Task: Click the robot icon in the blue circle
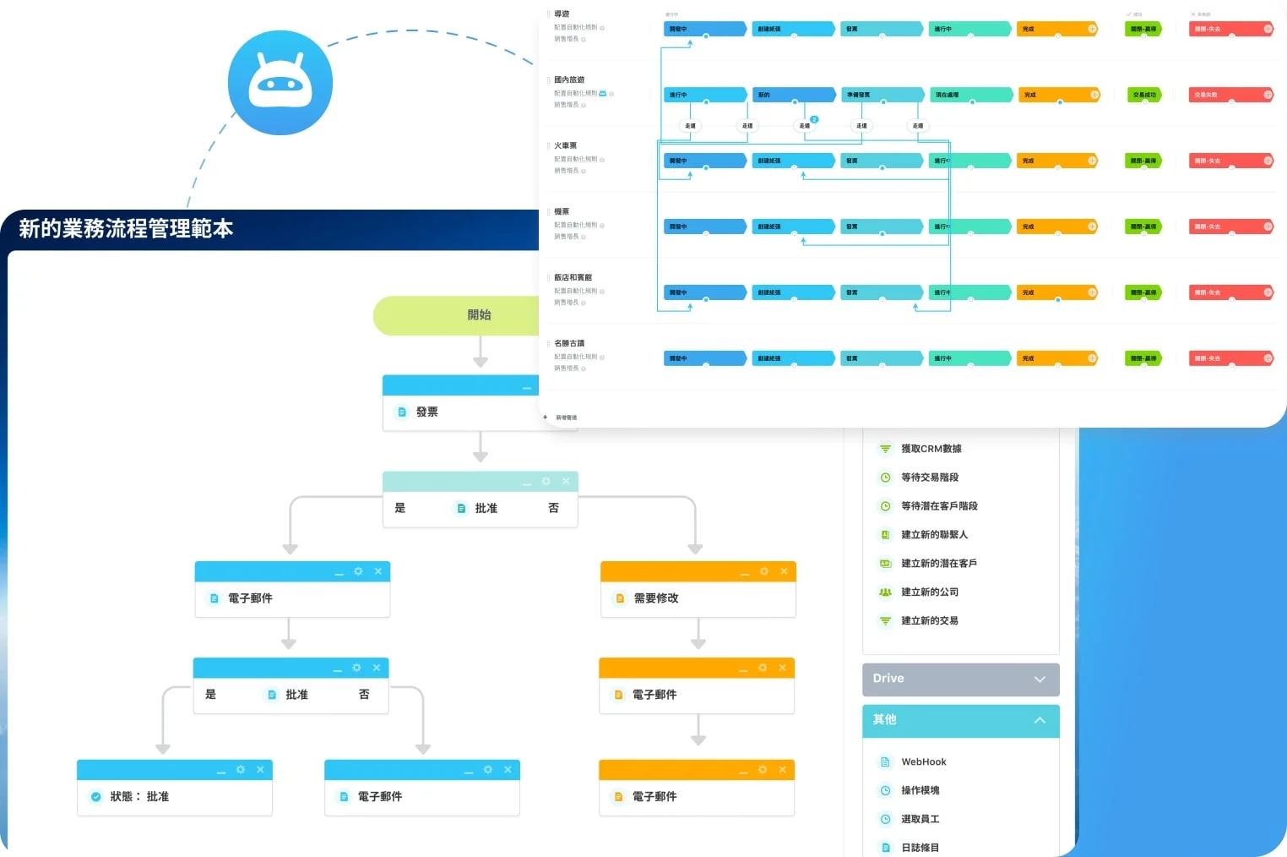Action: (x=280, y=83)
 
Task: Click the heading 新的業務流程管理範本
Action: (x=126, y=229)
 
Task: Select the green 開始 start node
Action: (x=478, y=315)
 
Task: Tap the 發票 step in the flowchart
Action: (x=426, y=412)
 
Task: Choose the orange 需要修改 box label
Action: (x=656, y=598)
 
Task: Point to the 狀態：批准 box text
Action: (x=139, y=797)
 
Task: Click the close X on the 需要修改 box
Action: (x=784, y=572)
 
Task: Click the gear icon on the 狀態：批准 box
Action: (x=241, y=770)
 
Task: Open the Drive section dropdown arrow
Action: (x=1040, y=680)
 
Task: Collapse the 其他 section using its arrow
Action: (x=1040, y=720)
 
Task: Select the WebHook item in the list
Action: (x=923, y=762)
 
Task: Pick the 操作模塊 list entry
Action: (x=920, y=791)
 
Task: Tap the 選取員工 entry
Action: (x=920, y=820)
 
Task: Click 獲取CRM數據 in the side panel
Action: (x=931, y=449)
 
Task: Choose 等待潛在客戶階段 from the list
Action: (x=939, y=506)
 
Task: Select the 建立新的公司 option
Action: (x=929, y=592)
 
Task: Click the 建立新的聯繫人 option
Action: (x=934, y=535)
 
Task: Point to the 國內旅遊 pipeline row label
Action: (x=569, y=80)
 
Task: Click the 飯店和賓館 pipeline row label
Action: (x=573, y=278)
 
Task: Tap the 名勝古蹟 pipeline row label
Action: (x=569, y=344)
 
